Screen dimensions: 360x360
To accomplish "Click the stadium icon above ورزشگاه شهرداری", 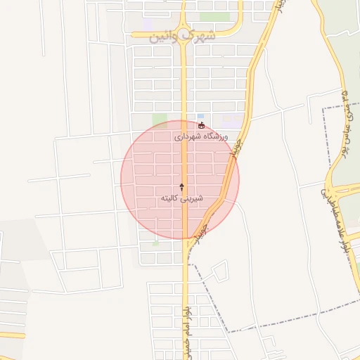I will [x=202, y=125].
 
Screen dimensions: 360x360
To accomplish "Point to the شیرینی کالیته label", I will [x=182, y=199].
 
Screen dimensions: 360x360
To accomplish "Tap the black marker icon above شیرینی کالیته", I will [x=182, y=187].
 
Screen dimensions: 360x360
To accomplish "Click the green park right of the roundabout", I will [x=214, y=16].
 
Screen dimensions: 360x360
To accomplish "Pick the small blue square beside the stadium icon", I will [x=200, y=116].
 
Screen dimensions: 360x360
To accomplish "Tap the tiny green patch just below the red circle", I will [x=155, y=244].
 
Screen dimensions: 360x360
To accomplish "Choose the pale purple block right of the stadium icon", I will [x=231, y=121].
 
